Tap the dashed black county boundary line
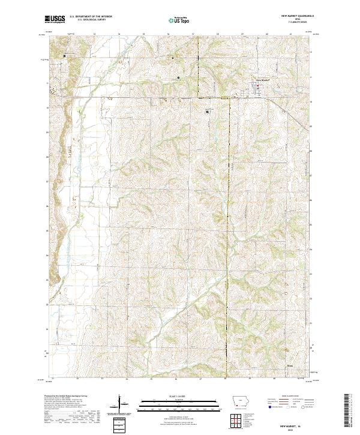click(229, 210)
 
